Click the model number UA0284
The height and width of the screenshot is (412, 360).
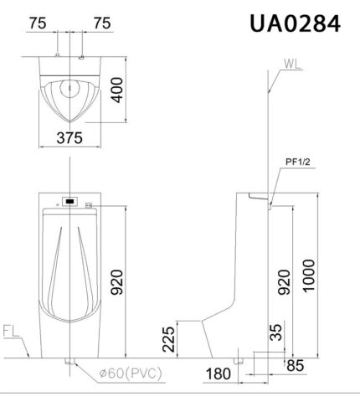pos(294,23)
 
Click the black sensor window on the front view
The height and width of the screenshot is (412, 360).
pos(69,201)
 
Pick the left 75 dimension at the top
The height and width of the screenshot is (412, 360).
pos(37,23)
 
